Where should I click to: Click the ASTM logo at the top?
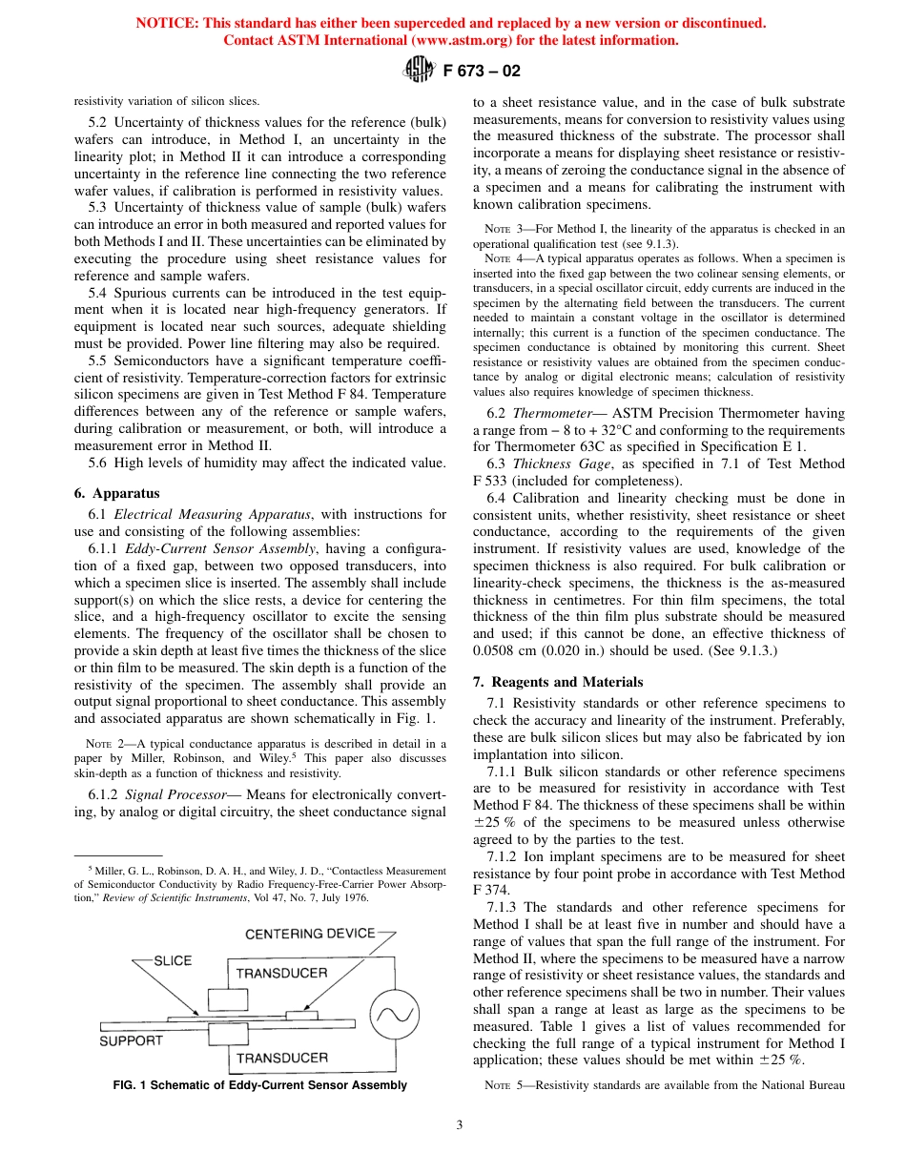pyautogui.click(x=419, y=70)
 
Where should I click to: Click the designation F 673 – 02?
pyautogui.click(x=483, y=71)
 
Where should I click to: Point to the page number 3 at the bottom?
pyautogui.click(x=459, y=1125)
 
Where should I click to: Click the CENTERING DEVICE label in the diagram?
pyautogui.click(x=310, y=933)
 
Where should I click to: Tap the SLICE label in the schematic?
pyautogui.click(x=173, y=960)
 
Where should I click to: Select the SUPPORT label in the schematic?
pyautogui.click(x=132, y=1040)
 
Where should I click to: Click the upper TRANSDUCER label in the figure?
pyautogui.click(x=281, y=973)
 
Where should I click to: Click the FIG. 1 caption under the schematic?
pyautogui.click(x=259, y=1085)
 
